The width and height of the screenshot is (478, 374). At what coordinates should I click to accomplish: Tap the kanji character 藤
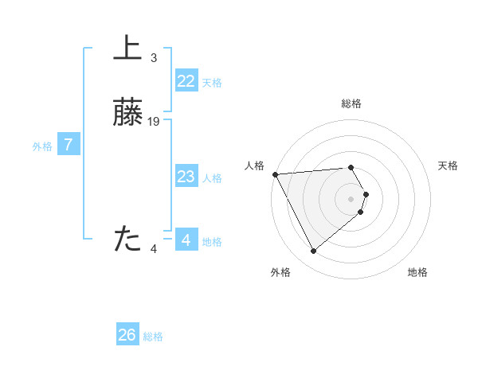click(127, 113)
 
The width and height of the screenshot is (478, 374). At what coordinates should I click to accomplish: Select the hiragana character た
click(127, 239)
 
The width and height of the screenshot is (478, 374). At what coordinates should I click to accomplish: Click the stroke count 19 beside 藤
click(154, 122)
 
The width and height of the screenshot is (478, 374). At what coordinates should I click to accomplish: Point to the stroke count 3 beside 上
click(154, 58)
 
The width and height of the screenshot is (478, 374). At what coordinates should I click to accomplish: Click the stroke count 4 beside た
click(154, 249)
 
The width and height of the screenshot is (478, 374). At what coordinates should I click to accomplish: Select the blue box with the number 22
click(186, 81)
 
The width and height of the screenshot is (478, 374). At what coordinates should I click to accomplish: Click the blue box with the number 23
click(186, 177)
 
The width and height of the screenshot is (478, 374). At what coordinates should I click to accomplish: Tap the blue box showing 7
click(69, 146)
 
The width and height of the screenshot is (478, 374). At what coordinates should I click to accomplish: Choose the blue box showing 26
click(127, 335)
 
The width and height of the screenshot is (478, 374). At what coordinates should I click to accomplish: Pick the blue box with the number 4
click(186, 240)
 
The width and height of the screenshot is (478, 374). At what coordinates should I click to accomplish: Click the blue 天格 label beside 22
click(212, 83)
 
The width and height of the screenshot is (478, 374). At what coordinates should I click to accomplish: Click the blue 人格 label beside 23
click(212, 178)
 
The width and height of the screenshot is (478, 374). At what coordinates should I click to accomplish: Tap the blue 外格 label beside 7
click(42, 146)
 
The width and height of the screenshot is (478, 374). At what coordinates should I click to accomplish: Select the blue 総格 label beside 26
click(153, 337)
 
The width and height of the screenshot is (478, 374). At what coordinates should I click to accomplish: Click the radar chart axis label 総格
click(351, 103)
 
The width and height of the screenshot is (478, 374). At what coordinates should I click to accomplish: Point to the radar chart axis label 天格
click(448, 166)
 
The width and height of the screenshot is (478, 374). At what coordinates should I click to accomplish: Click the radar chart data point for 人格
click(275, 174)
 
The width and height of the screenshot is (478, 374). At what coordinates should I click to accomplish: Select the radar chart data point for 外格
click(313, 251)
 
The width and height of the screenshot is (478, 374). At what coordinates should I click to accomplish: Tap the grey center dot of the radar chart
click(351, 198)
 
